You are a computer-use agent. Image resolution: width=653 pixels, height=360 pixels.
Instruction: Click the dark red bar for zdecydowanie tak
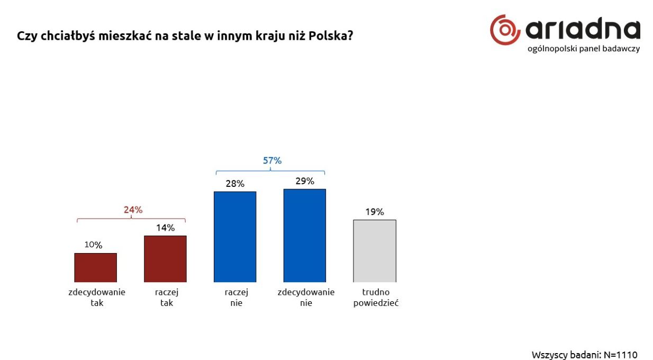95,267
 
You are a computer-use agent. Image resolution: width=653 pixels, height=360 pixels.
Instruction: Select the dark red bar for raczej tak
165,259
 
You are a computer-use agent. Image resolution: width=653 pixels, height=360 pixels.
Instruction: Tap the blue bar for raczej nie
235,237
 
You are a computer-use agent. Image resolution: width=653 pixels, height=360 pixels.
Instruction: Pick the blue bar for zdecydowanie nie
305,235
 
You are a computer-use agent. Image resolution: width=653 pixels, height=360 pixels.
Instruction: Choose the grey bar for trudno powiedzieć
375,251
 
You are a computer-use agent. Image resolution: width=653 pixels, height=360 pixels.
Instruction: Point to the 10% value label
93,245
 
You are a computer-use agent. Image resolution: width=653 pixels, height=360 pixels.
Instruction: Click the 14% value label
165,228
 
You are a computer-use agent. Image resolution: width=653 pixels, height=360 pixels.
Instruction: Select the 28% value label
235,184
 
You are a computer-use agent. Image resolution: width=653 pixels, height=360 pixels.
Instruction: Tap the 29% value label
305,181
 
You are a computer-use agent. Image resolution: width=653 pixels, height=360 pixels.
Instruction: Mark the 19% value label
374,212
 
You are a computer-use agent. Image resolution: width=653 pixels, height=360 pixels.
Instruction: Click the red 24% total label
133,210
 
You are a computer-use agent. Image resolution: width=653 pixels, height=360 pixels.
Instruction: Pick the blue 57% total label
272,161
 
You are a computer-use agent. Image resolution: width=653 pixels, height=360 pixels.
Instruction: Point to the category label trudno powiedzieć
376,298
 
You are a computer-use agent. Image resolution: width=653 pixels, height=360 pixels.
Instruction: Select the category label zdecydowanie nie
306,298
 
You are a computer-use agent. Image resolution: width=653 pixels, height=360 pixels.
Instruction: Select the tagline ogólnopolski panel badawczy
583,49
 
